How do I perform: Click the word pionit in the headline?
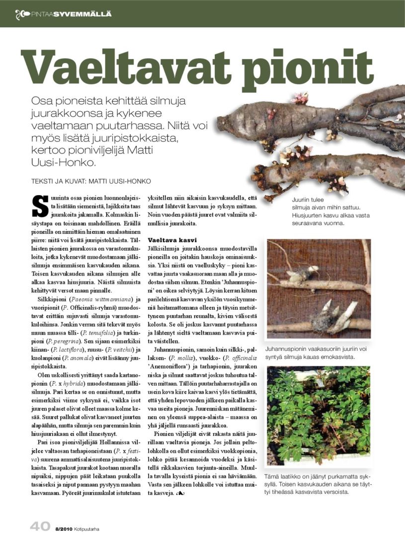click(x=312, y=67)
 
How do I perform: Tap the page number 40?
click(x=40, y=527)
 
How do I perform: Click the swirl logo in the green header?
click(x=22, y=13)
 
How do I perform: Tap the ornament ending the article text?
click(x=180, y=494)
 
